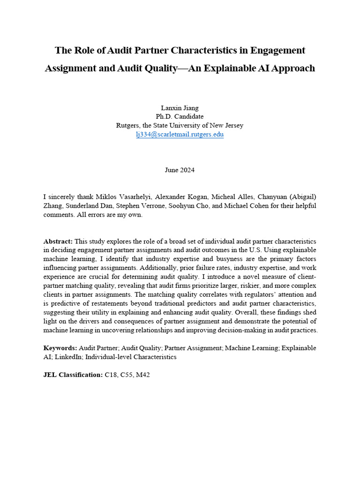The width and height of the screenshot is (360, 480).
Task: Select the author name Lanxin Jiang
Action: click(x=180, y=108)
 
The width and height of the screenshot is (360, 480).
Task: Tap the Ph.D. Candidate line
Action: click(x=180, y=117)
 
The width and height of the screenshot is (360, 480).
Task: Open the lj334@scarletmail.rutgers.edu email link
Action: click(x=180, y=135)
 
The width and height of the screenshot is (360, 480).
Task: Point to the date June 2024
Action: click(x=180, y=170)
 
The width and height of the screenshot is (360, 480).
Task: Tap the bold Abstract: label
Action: click(x=58, y=240)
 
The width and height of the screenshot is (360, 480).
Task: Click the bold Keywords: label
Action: click(x=60, y=348)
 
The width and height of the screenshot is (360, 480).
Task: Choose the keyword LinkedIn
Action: click(x=66, y=357)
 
